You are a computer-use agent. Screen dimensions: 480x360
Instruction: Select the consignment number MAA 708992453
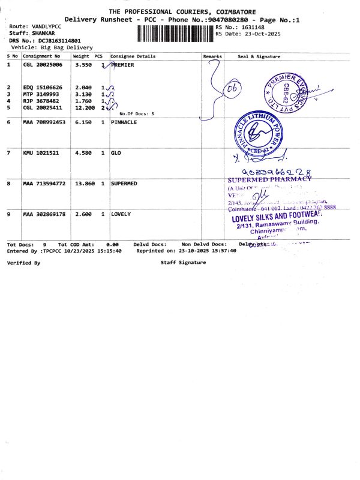point(44,122)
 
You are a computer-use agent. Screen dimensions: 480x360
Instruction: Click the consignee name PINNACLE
point(124,122)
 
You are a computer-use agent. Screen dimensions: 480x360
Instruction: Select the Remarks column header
point(212,56)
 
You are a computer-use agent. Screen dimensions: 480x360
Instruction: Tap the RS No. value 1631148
point(251,27)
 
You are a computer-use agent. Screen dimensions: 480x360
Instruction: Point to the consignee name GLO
point(116,153)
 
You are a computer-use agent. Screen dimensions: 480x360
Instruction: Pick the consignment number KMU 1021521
point(41,153)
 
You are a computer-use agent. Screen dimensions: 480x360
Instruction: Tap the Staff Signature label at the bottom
point(183,262)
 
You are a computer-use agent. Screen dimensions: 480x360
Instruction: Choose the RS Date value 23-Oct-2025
point(257,34)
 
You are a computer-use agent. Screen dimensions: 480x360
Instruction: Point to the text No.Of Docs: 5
point(137,113)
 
